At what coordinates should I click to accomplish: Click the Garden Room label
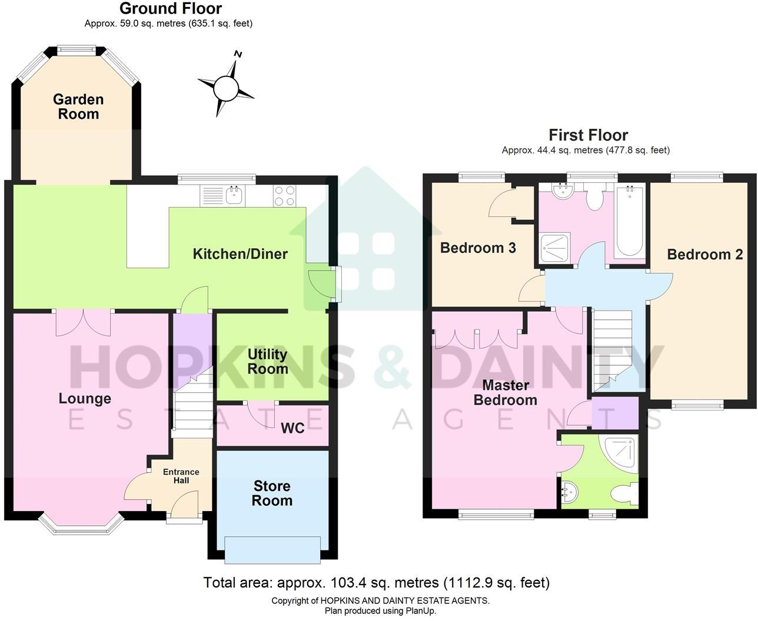pos(78,107)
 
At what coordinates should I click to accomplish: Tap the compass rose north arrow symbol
pos(226,88)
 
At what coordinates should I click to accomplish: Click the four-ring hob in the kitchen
pos(284,195)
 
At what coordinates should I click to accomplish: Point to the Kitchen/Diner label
pos(240,254)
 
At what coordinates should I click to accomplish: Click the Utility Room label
pos(267,362)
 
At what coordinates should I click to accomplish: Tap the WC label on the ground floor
pos(292,428)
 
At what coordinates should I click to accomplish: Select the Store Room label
pos(272,493)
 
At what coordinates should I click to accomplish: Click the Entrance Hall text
pos(181,476)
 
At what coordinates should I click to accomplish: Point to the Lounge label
pos(85,399)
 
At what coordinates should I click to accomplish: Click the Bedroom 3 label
pos(478,248)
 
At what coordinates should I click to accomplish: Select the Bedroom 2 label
pos(704,255)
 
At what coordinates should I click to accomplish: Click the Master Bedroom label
pos(506,393)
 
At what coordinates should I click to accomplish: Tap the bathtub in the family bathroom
pos(630,221)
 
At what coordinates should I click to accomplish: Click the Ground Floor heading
pos(171,9)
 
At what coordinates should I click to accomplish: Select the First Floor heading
pos(588,135)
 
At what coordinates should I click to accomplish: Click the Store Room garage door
pos(272,549)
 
